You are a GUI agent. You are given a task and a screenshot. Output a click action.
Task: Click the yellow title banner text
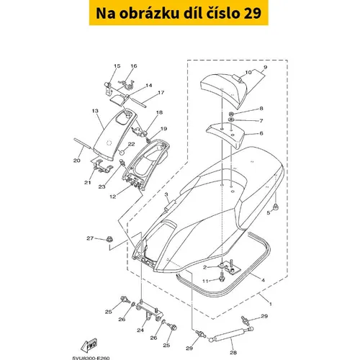[x=179, y=13]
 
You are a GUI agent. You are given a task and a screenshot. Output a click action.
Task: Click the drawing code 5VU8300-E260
[x=91, y=358]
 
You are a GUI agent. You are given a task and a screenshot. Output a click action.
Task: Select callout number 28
[x=233, y=352]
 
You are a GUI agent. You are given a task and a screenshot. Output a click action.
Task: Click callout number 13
[x=95, y=111]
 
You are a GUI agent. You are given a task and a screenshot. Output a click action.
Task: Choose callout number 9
[x=265, y=67]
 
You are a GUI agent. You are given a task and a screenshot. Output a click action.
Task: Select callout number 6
[x=261, y=133]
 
